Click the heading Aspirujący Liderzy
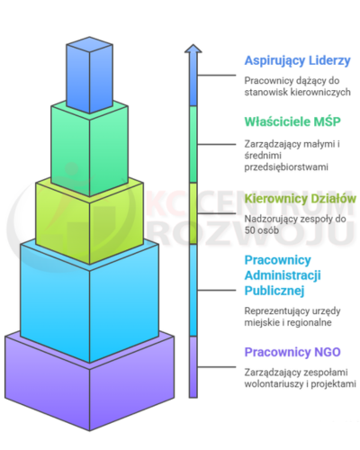(297, 61)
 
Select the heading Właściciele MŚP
(292, 121)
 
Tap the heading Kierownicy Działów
(301, 199)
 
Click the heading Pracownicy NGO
(292, 352)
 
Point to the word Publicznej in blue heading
(274, 291)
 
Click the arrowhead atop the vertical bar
(193, 49)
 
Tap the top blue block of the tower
(89, 75)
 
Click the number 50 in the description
(249, 230)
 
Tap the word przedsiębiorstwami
(286, 166)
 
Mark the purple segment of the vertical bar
(193, 367)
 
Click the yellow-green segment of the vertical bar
(193, 213)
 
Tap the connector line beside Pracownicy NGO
(217, 367)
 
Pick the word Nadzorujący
(266, 220)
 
